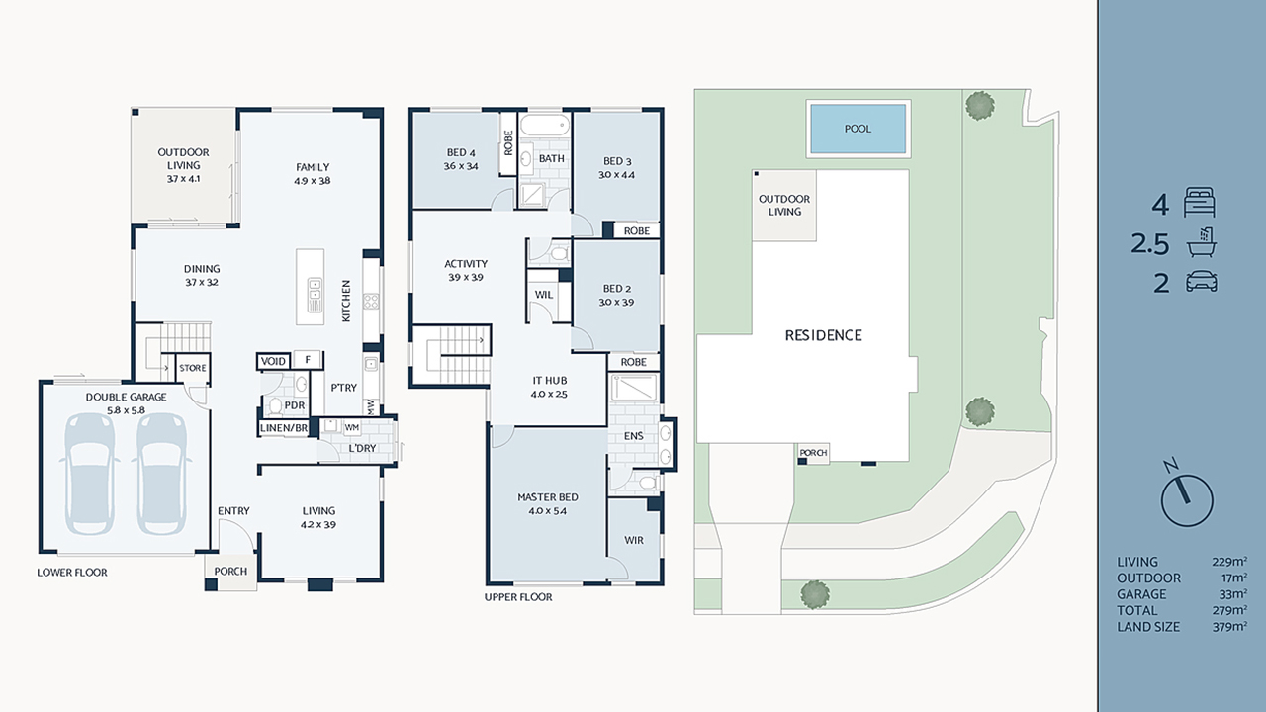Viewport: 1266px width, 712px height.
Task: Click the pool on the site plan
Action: point(858,129)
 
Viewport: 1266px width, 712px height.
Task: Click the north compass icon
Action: point(1186,496)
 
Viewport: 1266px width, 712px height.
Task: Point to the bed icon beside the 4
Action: point(1198,205)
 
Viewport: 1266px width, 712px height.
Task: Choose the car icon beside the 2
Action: point(1200,282)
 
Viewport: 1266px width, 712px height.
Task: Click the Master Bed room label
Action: point(547,497)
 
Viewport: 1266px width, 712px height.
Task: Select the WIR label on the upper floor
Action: point(633,541)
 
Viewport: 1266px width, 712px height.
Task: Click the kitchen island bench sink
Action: point(314,292)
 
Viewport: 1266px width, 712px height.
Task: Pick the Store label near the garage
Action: point(193,368)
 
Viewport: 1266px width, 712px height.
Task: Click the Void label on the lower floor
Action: point(273,361)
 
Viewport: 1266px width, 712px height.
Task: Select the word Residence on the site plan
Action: point(823,335)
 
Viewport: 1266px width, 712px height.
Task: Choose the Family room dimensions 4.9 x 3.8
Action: point(312,181)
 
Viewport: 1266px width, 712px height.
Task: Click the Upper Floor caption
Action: point(518,597)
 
